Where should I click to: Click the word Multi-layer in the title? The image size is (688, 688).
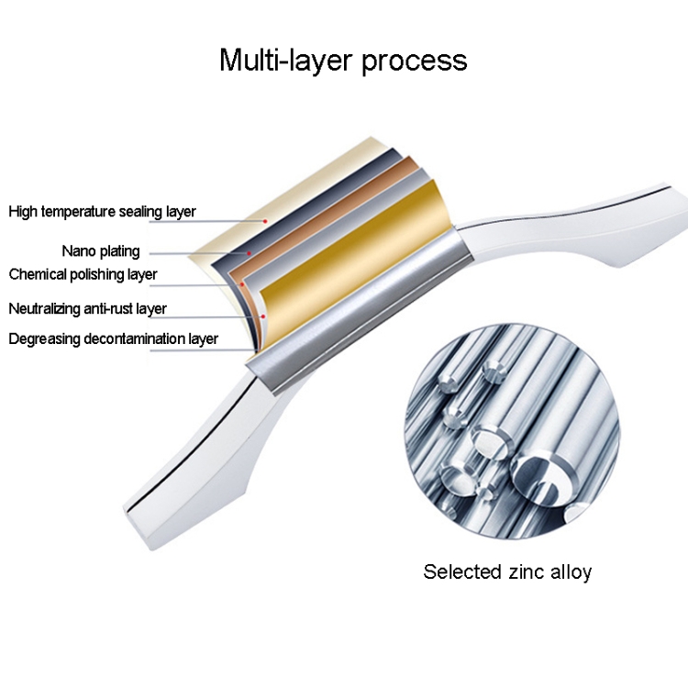pos(285,61)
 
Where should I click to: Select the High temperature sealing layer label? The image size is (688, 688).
pos(102,212)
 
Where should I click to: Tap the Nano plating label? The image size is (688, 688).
pos(101,250)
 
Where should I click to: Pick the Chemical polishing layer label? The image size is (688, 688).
pos(83,274)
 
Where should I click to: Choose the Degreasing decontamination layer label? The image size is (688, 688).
pos(113,338)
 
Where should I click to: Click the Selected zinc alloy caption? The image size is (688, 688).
pos(507,572)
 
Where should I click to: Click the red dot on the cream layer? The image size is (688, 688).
pos(265,220)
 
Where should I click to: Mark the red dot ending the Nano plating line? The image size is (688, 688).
pos(248,252)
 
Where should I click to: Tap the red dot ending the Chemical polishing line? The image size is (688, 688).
pos(241,284)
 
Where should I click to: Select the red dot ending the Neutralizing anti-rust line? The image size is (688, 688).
pos(263,316)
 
